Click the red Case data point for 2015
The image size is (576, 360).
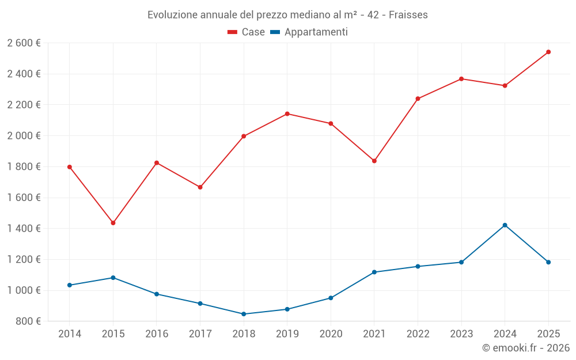[x=113, y=223]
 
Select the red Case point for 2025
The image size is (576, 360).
[x=548, y=52]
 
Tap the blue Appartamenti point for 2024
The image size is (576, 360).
[x=505, y=225]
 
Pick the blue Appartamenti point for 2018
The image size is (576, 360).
[x=244, y=314]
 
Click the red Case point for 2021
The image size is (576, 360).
[x=374, y=161]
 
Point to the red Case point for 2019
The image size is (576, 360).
[x=287, y=113]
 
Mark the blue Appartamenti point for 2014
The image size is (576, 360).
[x=70, y=285]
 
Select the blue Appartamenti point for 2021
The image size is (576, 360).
[x=374, y=272]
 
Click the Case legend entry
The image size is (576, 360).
[x=247, y=32]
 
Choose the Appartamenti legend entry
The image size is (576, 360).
[x=309, y=32]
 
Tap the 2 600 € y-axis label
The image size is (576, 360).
[x=24, y=43]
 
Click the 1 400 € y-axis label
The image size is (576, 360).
[x=24, y=229]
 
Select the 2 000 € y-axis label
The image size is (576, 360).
[x=24, y=136]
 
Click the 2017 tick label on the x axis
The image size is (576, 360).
[x=200, y=334]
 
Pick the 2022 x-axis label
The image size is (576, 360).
[x=418, y=334]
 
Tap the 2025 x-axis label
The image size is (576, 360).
[x=548, y=334]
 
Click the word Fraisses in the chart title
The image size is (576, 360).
[x=408, y=14]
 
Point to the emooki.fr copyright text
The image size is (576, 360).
[x=525, y=348]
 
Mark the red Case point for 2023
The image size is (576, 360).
[x=461, y=79]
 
